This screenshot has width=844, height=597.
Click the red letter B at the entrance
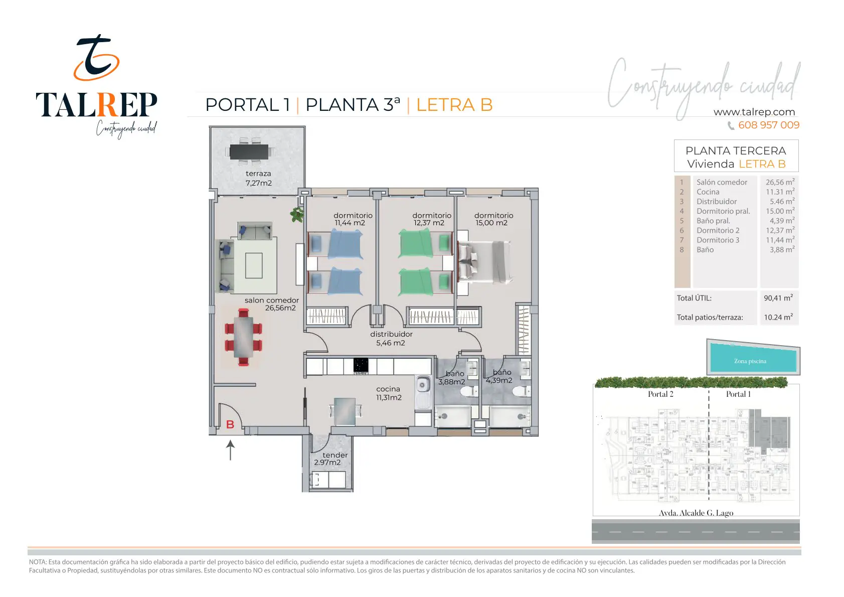click(x=230, y=424)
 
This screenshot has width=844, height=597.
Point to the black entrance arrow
click(x=230, y=450)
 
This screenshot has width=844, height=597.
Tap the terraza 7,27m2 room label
click(x=258, y=178)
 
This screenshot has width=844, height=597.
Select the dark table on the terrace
click(x=249, y=152)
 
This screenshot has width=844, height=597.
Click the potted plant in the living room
click(x=297, y=214)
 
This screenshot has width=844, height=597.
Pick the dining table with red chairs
click(x=243, y=337)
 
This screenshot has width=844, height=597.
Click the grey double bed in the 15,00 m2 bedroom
click(x=484, y=262)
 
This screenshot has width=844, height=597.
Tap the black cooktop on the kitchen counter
click(x=361, y=366)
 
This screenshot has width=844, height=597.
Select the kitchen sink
click(x=423, y=392)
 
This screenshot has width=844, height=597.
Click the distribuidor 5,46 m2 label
click(x=391, y=339)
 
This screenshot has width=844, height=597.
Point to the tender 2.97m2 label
click(x=331, y=459)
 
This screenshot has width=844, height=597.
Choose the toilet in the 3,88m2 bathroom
click(x=468, y=392)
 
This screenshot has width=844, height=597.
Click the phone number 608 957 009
click(x=769, y=125)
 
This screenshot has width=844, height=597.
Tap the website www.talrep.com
click(x=754, y=112)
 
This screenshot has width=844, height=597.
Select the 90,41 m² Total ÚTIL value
click(x=778, y=297)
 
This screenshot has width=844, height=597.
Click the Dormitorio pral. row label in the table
click(x=723, y=211)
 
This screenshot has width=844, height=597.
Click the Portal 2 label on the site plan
click(x=660, y=394)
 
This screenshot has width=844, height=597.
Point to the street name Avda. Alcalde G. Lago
click(x=696, y=513)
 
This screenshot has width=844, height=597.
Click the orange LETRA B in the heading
click(x=454, y=105)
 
